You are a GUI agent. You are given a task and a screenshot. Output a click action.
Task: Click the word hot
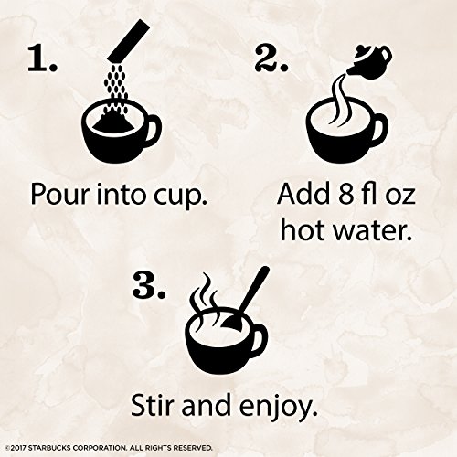click(303, 229)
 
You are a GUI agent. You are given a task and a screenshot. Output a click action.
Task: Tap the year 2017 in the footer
click(19, 448)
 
